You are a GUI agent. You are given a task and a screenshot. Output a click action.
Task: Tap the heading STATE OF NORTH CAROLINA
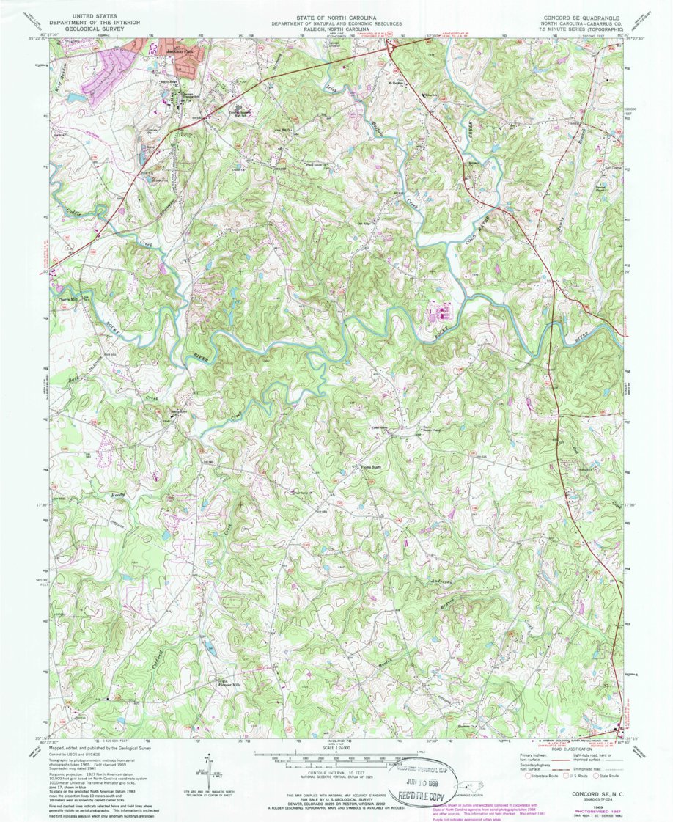pyautogui.click(x=336, y=16)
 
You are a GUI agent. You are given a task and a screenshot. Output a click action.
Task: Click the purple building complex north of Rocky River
pyautogui.click(x=438, y=313)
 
